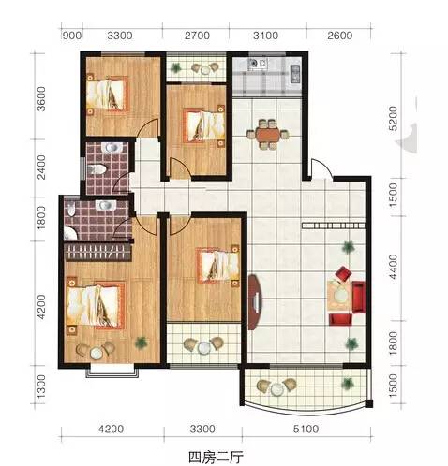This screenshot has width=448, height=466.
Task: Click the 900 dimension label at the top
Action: pyautogui.click(x=72, y=36)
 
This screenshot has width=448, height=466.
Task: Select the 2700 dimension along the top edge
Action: pyautogui.click(x=197, y=36)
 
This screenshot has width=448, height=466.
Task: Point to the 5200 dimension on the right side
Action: pyautogui.click(x=393, y=119)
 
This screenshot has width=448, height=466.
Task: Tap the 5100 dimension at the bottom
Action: pyautogui.click(x=306, y=429)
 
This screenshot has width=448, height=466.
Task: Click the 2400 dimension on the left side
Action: pyautogui.click(x=41, y=167)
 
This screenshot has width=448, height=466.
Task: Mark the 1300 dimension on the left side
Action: pyautogui.click(x=41, y=386)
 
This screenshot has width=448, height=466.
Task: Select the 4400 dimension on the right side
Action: pyautogui.click(x=393, y=267)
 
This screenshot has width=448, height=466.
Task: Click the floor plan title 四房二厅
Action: pyautogui.click(x=216, y=458)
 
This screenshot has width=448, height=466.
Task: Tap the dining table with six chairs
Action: pyautogui.click(x=268, y=135)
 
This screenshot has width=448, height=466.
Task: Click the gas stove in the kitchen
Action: pyautogui.click(x=258, y=64)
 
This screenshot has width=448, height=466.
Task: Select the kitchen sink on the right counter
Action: pyautogui.click(x=295, y=74)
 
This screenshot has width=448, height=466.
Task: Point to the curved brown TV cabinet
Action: pyautogui.click(x=255, y=302)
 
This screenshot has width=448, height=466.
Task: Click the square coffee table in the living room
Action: pyautogui.click(x=339, y=295)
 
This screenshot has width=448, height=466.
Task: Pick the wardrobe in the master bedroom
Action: pyautogui.click(x=97, y=252)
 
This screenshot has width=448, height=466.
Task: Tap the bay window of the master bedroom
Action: pyautogui.click(x=112, y=371)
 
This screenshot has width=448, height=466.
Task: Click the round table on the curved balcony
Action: pyautogui.click(x=276, y=389)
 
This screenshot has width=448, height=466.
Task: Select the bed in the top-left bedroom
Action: pyautogui.click(x=107, y=95)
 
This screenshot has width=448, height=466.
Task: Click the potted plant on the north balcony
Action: pyautogui.click(x=176, y=67)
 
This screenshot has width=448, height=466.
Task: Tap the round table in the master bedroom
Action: pyautogui.click(x=96, y=353)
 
